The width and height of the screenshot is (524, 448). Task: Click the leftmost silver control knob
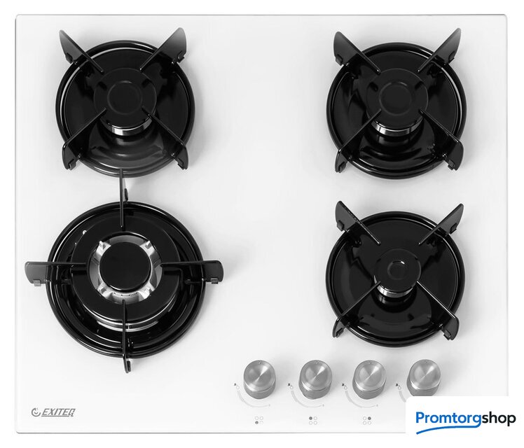pyautogui.click(x=259, y=378)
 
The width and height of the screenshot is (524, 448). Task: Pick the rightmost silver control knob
pyautogui.click(x=423, y=377)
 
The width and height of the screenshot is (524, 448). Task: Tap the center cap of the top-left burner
pyautogui.click(x=124, y=97)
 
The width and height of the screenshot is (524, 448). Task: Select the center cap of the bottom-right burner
pyautogui.click(x=398, y=269)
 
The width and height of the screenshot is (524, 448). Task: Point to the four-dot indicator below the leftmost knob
pyautogui.click(x=259, y=420)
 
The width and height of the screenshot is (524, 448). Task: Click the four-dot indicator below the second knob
pyautogui.click(x=313, y=420)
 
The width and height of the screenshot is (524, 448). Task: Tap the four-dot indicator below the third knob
pyautogui.click(x=367, y=420)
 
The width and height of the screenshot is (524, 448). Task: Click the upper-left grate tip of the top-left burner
pyautogui.click(x=62, y=34)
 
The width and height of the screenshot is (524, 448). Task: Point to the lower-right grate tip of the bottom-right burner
pyautogui.click(x=455, y=330)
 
